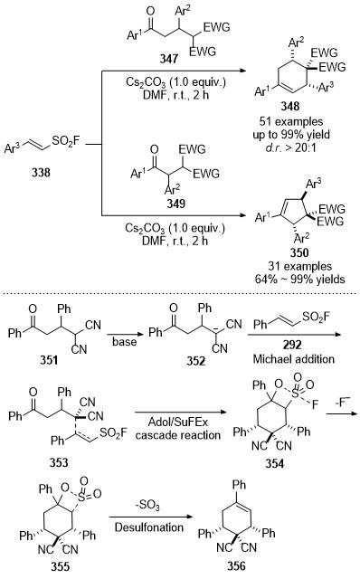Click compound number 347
coord(169,58)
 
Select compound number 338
coord(41,172)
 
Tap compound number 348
coord(289,107)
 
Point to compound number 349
coord(175,204)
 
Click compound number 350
coord(298,252)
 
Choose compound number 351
coord(49,360)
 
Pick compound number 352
coord(195,360)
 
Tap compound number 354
coord(275,463)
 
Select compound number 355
coord(60,566)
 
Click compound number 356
coord(236,566)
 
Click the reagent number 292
coord(292,346)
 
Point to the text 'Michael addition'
coord(294,359)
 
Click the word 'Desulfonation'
coord(149,527)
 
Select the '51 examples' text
coord(291,121)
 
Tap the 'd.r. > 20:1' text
coord(291,148)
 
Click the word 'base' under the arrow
coord(125,342)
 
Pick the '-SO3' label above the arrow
coord(147,506)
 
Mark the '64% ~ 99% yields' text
coord(299,280)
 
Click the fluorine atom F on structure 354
coord(315,405)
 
